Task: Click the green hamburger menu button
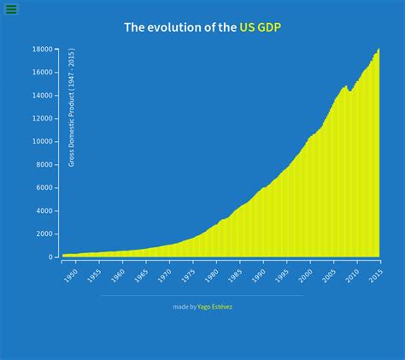[11, 9]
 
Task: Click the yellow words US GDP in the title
[261, 27]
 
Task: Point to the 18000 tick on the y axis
[44, 50]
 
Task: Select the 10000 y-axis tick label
[44, 142]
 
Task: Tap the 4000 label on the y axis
[45, 211]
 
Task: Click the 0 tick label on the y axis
[51, 257]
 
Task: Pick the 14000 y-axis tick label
[44, 96]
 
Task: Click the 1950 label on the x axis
[70, 274]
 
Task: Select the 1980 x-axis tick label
[211, 274]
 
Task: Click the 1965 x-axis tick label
[141, 274]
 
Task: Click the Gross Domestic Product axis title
[72, 107]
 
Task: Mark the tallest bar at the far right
[379, 154]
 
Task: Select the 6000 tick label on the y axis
[45, 188]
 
